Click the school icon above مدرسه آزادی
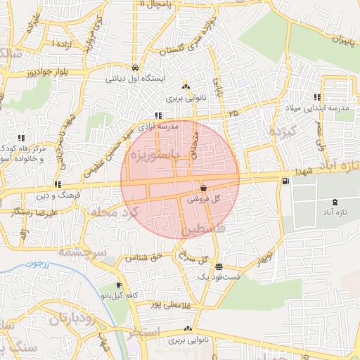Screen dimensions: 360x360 [158, 116]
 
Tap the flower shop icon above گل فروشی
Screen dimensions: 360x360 [203, 188]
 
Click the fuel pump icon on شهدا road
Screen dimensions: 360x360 [285, 181]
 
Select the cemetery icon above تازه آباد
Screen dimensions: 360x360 [333, 202]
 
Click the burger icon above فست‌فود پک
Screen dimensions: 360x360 [220, 267]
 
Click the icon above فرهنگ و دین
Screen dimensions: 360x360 [57, 184]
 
